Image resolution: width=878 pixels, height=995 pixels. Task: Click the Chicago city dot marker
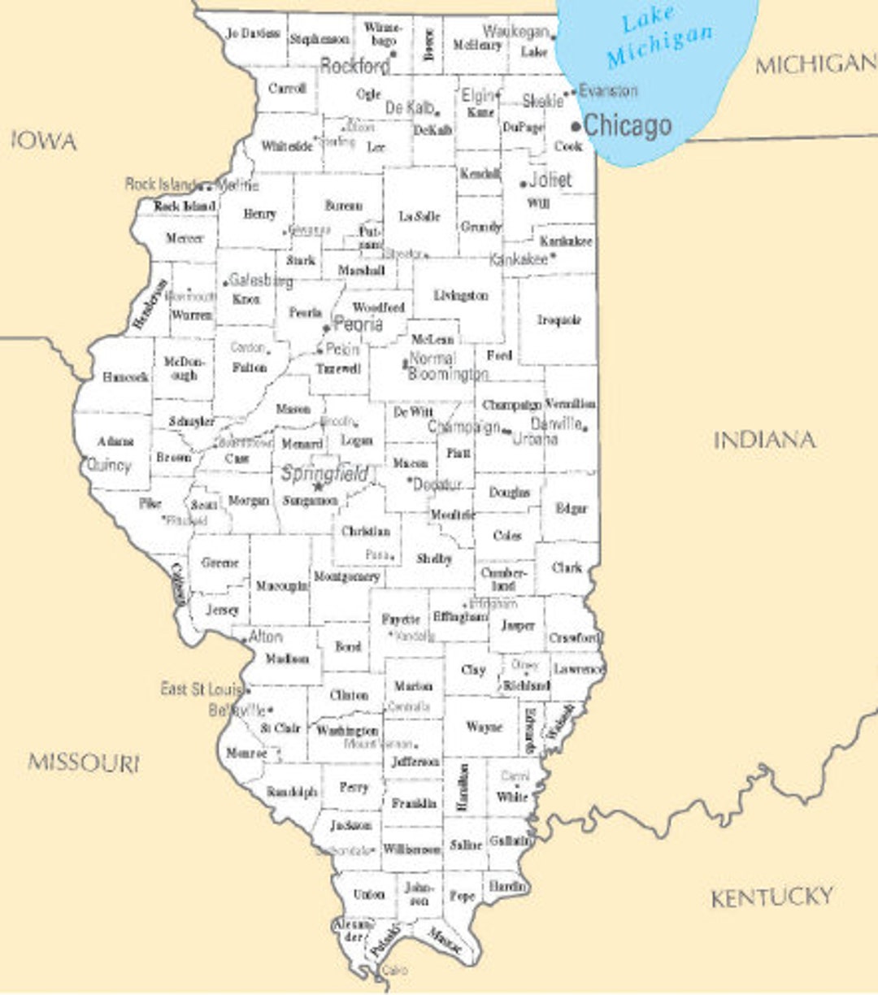pyautogui.click(x=576, y=126)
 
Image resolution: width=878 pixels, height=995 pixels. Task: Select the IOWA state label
pyautogui.click(x=45, y=141)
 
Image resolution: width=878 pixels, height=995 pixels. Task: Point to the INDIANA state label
pyautogui.click(x=764, y=440)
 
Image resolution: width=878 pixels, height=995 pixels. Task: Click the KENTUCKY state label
pyautogui.click(x=772, y=897)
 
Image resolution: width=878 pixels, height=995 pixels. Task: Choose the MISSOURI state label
pyautogui.click(x=84, y=763)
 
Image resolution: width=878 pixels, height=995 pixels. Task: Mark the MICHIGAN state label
pyautogui.click(x=815, y=64)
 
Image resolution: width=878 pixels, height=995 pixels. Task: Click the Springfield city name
pyautogui.click(x=325, y=473)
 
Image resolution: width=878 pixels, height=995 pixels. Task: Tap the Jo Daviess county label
pyautogui.click(x=253, y=34)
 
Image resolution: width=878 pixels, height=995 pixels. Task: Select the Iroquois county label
pyautogui.click(x=559, y=319)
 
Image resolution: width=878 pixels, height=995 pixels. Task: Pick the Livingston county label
pyautogui.click(x=461, y=295)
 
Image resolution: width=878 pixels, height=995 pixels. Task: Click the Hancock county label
pyautogui.click(x=125, y=377)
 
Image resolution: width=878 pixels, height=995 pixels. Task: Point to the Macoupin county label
pyautogui.click(x=282, y=585)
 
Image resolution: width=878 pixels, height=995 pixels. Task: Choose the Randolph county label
pyautogui.click(x=292, y=791)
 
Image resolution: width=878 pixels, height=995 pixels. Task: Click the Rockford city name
pyautogui.click(x=355, y=66)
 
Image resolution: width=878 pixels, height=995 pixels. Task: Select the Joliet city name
pyautogui.click(x=550, y=180)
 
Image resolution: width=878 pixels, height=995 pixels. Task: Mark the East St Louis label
pyautogui.click(x=201, y=689)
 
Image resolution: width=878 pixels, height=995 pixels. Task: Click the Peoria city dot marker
pyautogui.click(x=327, y=328)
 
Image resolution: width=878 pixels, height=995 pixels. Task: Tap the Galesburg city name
pyautogui.click(x=261, y=280)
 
